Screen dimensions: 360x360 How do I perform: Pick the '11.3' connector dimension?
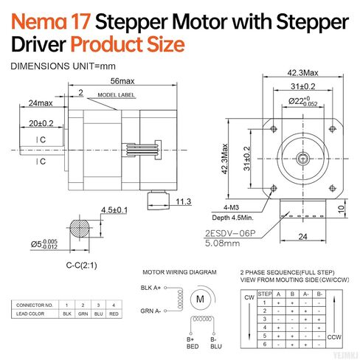(x=182, y=201)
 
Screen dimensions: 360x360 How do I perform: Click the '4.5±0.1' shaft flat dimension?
(x=114, y=210)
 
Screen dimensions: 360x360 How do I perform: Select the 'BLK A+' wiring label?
(x=150, y=288)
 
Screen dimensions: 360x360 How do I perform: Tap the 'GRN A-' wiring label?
(x=150, y=310)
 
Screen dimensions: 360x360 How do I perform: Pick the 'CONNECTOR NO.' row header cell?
(x=35, y=305)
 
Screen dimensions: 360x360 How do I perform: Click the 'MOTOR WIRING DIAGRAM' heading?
(x=175, y=271)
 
